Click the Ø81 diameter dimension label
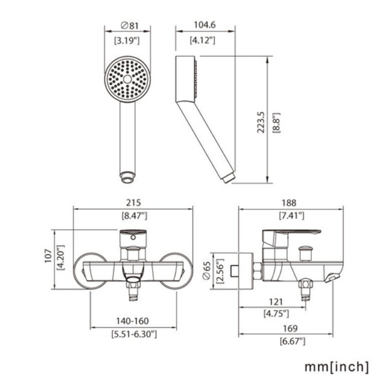(x=130, y=25)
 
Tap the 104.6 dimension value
(x=205, y=25)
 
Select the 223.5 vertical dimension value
(x=261, y=122)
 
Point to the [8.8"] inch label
(x=276, y=123)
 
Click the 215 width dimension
(x=133, y=202)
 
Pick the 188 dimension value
(x=289, y=203)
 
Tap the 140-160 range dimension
(x=132, y=321)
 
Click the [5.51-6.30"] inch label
(x=134, y=334)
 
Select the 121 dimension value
(x=276, y=302)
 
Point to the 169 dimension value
(x=290, y=328)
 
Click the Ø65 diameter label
(x=206, y=271)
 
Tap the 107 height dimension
(x=48, y=256)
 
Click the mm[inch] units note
(x=337, y=367)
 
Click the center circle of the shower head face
(x=127, y=79)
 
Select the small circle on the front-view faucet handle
(x=133, y=237)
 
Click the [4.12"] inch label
(x=203, y=40)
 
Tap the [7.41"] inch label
(x=291, y=216)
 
